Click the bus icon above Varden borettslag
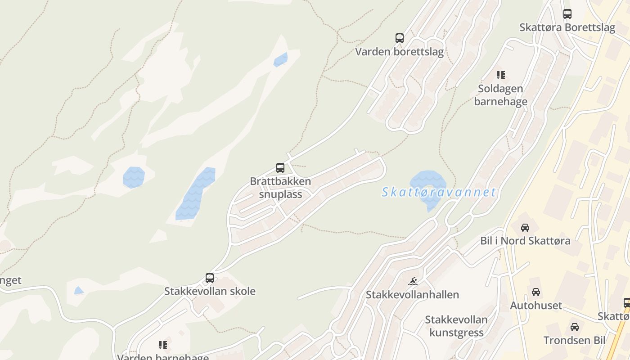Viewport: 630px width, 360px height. click(399, 38)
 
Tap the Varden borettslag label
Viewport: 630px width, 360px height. click(399, 52)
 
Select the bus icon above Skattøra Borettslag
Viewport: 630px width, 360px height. click(567, 14)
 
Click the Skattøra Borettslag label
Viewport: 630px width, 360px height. click(567, 27)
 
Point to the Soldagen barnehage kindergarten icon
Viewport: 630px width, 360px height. click(500, 75)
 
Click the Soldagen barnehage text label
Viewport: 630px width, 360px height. click(500, 95)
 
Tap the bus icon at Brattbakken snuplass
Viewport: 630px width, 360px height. click(280, 168)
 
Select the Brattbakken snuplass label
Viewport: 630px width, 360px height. click(280, 188)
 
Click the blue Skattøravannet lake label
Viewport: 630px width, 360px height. click(439, 193)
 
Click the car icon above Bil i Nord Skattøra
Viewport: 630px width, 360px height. click(525, 227)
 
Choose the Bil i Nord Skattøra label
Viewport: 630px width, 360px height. click(525, 241)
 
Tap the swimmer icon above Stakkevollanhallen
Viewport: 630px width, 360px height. click(413, 282)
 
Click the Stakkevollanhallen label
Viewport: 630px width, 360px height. click(412, 295)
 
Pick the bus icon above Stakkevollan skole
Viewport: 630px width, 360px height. click(209, 278)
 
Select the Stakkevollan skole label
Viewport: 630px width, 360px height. click(210, 291)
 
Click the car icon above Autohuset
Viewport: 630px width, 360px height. click(535, 292)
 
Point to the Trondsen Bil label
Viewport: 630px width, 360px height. click(574, 340)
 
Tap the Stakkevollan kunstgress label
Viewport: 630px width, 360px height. click(456, 326)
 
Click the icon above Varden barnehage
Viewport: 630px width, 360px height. click(162, 345)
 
